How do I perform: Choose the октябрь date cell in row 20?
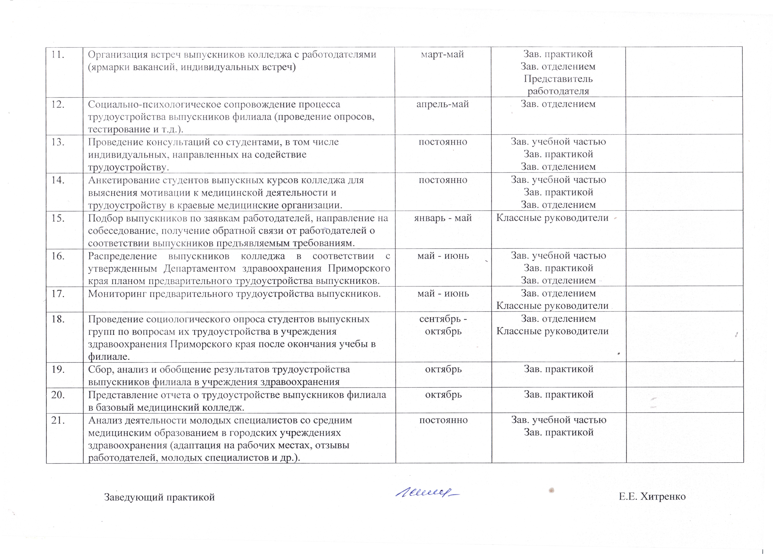(x=443, y=395)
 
